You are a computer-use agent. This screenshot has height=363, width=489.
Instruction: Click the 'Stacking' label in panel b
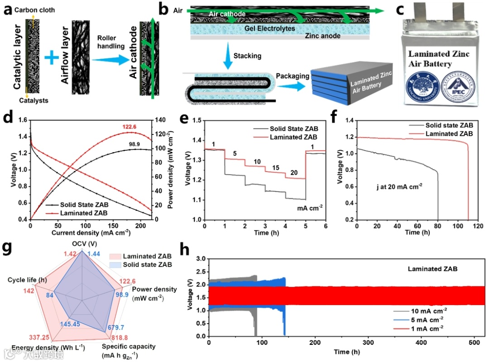[246, 56]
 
